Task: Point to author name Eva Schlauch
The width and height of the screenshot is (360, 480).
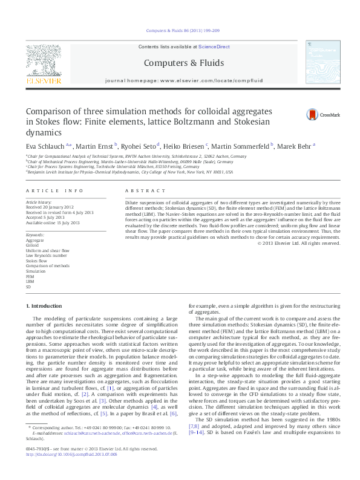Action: click(x=46, y=146)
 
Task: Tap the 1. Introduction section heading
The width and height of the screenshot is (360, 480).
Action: click(x=47, y=307)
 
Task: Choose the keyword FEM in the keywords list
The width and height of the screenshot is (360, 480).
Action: click(x=30, y=277)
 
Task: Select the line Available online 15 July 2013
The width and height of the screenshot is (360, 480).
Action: click(x=53, y=223)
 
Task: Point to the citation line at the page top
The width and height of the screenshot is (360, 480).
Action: click(x=180, y=31)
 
